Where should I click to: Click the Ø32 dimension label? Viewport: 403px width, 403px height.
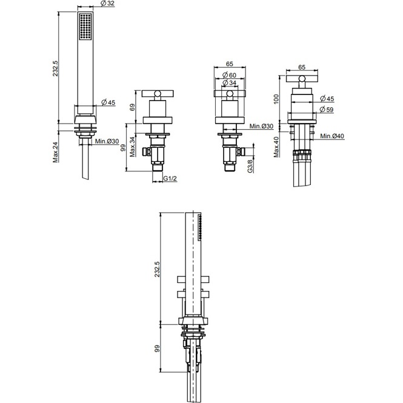point(108,4)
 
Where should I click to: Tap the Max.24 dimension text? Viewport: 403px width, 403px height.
point(56,152)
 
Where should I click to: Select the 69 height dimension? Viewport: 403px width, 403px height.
point(132,107)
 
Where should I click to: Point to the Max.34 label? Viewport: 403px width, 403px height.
point(132,147)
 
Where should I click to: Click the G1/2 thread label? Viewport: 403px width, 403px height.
point(170,178)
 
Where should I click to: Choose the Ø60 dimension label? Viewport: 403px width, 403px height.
point(229,75)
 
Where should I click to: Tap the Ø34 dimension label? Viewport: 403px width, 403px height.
point(229,83)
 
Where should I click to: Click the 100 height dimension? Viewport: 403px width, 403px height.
point(276,99)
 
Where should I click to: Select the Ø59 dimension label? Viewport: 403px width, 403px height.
point(327,110)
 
